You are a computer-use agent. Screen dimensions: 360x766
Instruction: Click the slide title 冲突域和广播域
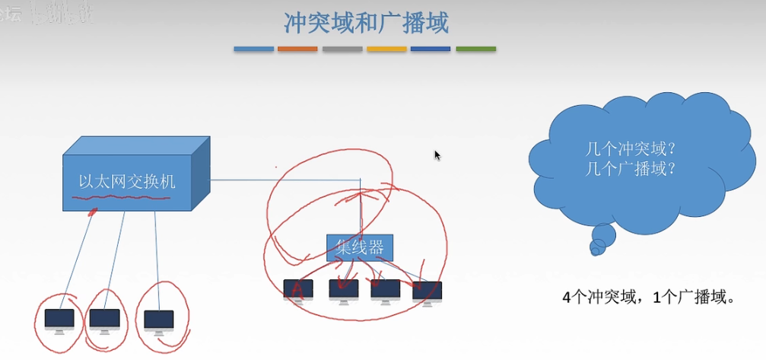click(366, 24)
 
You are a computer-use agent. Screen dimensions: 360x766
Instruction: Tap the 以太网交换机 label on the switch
click(127, 181)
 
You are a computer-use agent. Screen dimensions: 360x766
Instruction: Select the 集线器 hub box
click(360, 247)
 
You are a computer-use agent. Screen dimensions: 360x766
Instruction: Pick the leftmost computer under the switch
click(59, 320)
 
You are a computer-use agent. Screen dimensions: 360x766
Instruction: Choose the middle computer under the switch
click(105, 319)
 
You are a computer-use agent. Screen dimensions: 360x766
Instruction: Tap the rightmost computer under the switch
click(159, 320)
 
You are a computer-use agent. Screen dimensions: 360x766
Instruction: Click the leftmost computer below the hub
click(298, 290)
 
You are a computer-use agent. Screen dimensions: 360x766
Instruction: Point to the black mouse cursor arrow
click(437, 155)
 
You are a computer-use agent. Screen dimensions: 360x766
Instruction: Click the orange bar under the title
click(297, 49)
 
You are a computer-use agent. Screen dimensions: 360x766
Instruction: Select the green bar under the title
click(475, 49)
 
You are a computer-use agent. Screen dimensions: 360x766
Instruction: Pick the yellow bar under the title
click(386, 49)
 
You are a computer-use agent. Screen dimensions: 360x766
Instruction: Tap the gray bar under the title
click(342, 49)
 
